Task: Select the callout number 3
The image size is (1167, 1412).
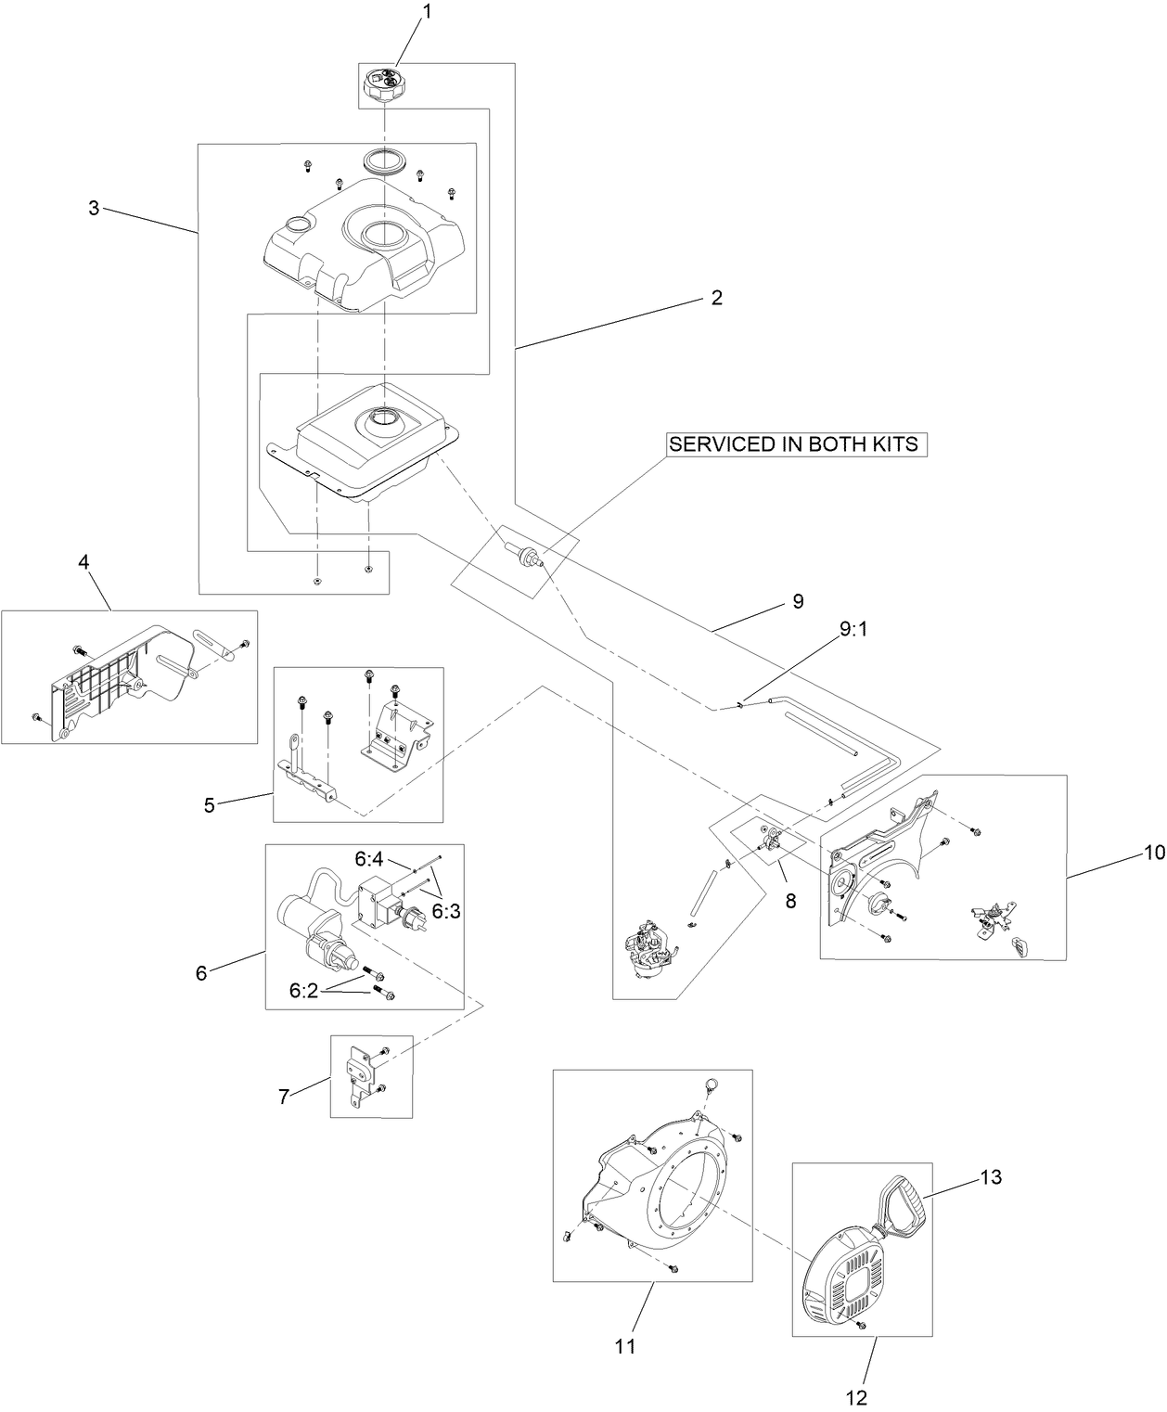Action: coord(94,208)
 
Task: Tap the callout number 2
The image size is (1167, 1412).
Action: coord(716,298)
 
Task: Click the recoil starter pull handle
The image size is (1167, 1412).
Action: coord(905,1203)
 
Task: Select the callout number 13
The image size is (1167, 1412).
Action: coord(991,1177)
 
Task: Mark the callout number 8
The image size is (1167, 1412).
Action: coord(790,900)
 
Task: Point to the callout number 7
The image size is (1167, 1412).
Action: coord(284,1096)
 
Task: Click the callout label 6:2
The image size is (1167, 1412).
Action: coord(305,991)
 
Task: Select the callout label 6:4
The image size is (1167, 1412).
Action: coord(369,860)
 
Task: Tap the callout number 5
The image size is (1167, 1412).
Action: coord(209,804)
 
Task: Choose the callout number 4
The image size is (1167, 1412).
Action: coord(83,562)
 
